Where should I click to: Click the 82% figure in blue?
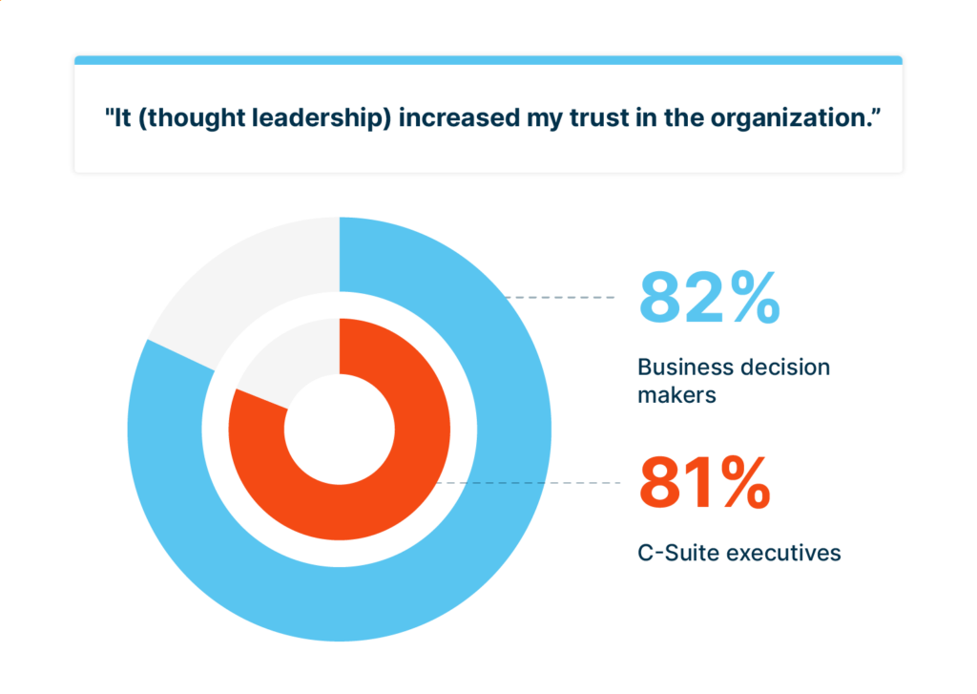coord(709,298)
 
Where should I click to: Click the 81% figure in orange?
coord(704,483)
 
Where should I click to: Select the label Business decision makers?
coord(734,380)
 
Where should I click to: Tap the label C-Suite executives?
coord(739,553)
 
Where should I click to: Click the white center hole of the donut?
coord(339,429)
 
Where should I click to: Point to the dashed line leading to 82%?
coord(563,298)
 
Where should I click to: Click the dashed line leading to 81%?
coord(534,483)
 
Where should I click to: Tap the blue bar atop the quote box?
coord(488,60)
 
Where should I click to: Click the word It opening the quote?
coord(118,119)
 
